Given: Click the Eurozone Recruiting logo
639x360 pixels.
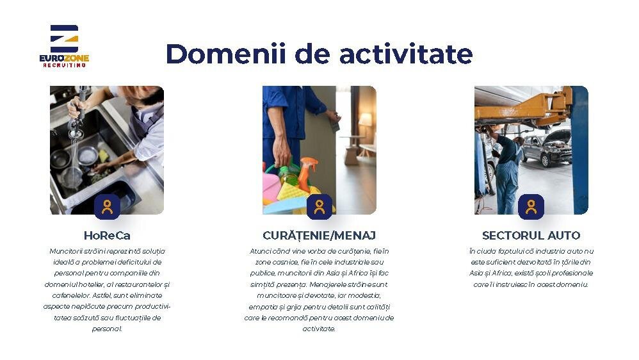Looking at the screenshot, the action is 64,46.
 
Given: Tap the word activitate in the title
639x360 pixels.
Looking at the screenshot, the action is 406,54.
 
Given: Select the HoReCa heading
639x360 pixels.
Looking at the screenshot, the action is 107,235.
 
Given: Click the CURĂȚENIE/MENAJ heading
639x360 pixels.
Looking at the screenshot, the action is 319,235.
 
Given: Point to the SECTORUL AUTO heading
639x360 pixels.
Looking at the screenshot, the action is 531,235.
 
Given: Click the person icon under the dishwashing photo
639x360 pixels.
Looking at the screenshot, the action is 107,207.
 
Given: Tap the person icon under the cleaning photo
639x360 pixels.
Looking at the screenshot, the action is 319,207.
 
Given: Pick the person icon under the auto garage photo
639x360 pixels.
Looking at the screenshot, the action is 531,207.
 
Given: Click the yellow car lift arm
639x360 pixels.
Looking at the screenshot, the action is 524,108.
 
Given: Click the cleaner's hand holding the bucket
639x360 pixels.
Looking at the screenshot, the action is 281,152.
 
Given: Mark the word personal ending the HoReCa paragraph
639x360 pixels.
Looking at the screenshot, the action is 107,329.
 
